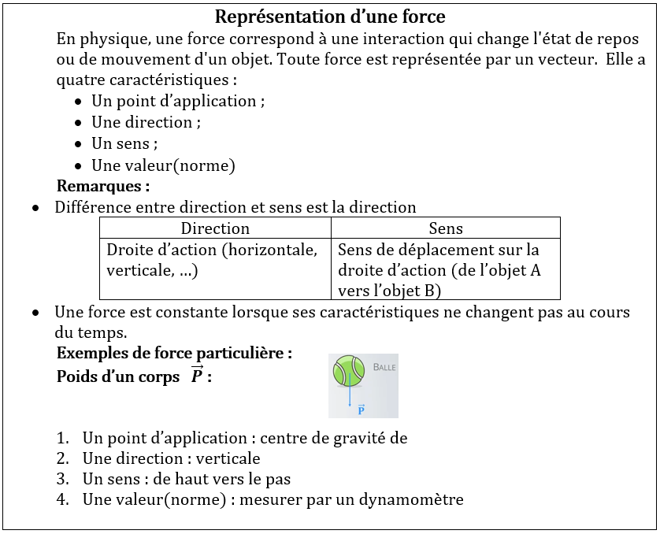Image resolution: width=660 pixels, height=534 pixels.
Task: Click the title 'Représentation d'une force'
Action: (330, 17)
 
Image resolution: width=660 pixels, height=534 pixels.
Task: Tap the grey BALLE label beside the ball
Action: (384, 367)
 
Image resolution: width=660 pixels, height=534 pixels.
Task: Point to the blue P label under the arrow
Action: (361, 410)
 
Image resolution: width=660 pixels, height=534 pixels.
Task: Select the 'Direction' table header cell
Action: (215, 228)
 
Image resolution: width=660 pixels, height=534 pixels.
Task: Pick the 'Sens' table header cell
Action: (445, 228)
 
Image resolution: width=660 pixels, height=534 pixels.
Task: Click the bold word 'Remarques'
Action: (102, 187)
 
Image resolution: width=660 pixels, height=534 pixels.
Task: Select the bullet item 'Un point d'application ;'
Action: (178, 101)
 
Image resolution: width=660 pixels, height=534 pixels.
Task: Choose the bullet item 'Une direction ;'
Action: (146, 122)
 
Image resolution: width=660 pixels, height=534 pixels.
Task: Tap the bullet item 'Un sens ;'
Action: (124, 143)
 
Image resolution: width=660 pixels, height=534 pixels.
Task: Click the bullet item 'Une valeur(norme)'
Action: (163, 165)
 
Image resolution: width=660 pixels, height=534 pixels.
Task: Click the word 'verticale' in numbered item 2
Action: (228, 458)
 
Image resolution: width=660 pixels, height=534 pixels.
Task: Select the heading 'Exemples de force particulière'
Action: (174, 353)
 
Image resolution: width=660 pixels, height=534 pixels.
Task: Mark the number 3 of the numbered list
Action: (62, 479)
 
